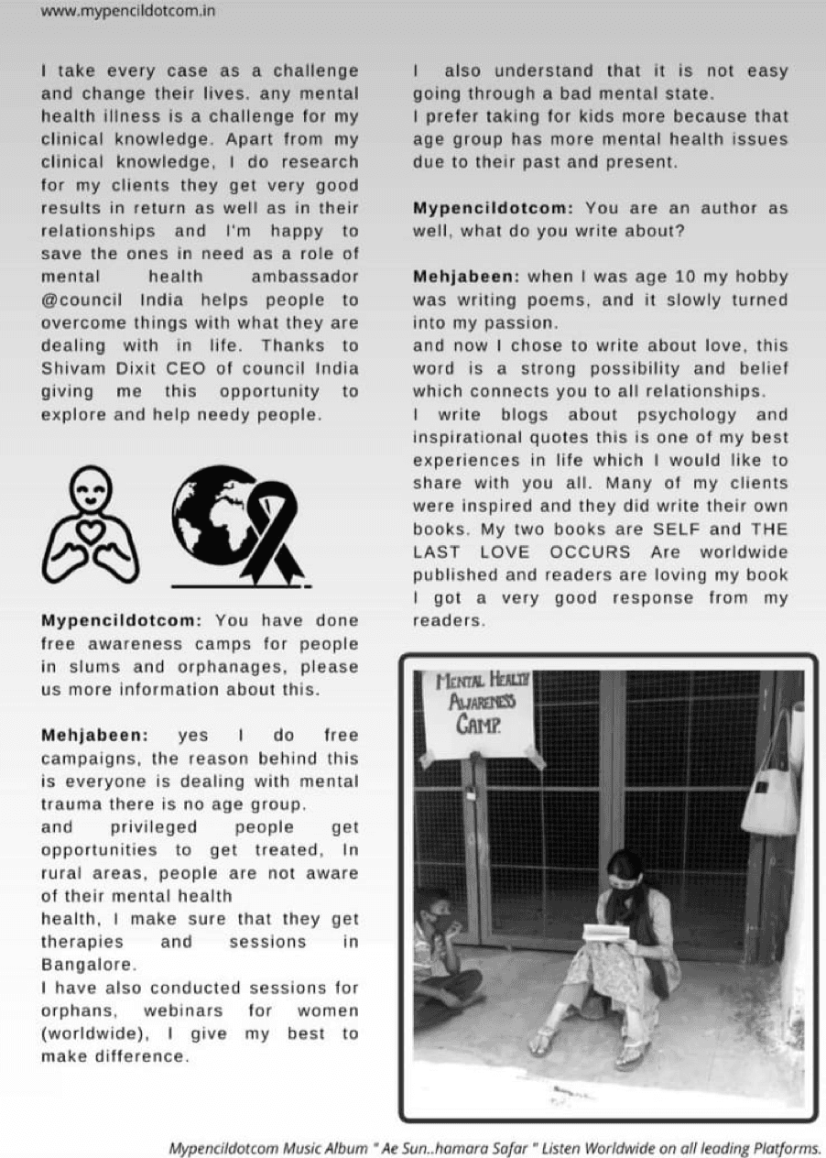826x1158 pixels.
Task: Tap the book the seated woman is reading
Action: [x=606, y=933]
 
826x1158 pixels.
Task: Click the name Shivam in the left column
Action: [x=73, y=368]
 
